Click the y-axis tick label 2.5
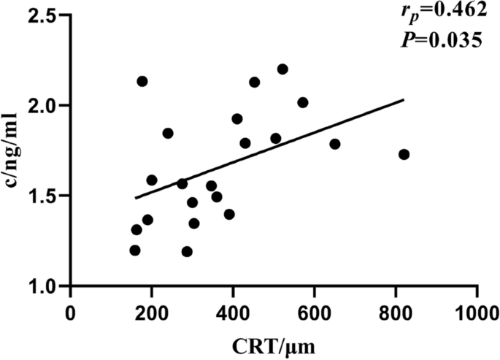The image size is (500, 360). [45, 15]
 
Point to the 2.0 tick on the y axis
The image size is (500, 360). [45, 106]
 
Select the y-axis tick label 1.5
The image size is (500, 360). [45, 196]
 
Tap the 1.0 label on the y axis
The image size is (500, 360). [45, 286]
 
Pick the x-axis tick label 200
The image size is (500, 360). [152, 310]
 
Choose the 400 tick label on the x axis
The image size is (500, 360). [234, 310]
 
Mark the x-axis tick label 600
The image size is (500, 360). [315, 310]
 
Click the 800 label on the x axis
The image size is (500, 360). [396, 310]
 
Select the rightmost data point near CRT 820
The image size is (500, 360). [404, 154]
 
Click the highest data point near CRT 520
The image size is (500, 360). [282, 69]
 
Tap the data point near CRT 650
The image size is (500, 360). [335, 144]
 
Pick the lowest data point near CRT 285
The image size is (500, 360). [187, 251]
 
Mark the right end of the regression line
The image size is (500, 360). [403, 100]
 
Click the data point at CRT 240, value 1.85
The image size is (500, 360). [168, 133]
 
